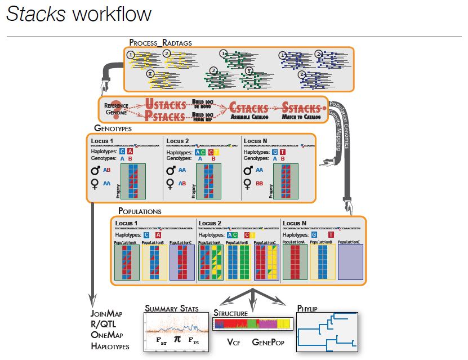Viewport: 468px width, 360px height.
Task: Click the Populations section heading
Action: point(140,211)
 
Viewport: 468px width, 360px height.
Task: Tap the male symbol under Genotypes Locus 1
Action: point(95,170)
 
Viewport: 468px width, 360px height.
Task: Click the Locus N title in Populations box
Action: point(296,223)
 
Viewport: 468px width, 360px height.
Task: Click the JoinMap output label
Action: point(106,313)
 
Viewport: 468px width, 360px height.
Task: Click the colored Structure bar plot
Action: point(252,323)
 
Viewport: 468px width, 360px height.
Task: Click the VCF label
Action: point(234,342)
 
